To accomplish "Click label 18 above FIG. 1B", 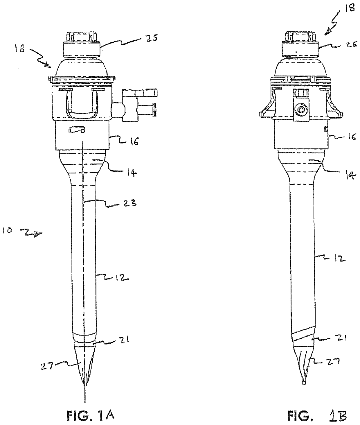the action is (350, 8).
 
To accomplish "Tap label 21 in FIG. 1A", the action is (125, 339).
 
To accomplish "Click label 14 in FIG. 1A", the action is (131, 173).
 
